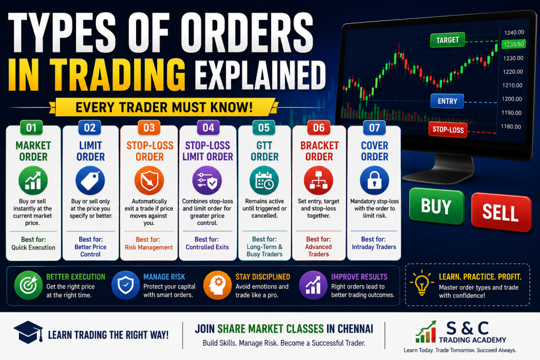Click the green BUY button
pos(436,206)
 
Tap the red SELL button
pos(501,212)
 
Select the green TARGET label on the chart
pos(447,40)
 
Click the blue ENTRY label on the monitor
pos(447,101)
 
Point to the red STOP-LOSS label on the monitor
pos(448,130)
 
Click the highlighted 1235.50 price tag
pos(513,44)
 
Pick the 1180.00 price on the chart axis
pos(510,127)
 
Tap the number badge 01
pos(31,128)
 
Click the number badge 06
pos(319,128)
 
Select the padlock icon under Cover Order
pos(374,180)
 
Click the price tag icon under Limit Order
pos(90,180)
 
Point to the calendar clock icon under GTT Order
pos(264,180)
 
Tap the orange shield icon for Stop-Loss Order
pos(149,180)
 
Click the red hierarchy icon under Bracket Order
pos(319,180)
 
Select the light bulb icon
pos(422,283)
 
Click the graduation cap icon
pos(28,332)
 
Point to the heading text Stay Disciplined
pos(263,277)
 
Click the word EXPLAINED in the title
pos(260,75)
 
